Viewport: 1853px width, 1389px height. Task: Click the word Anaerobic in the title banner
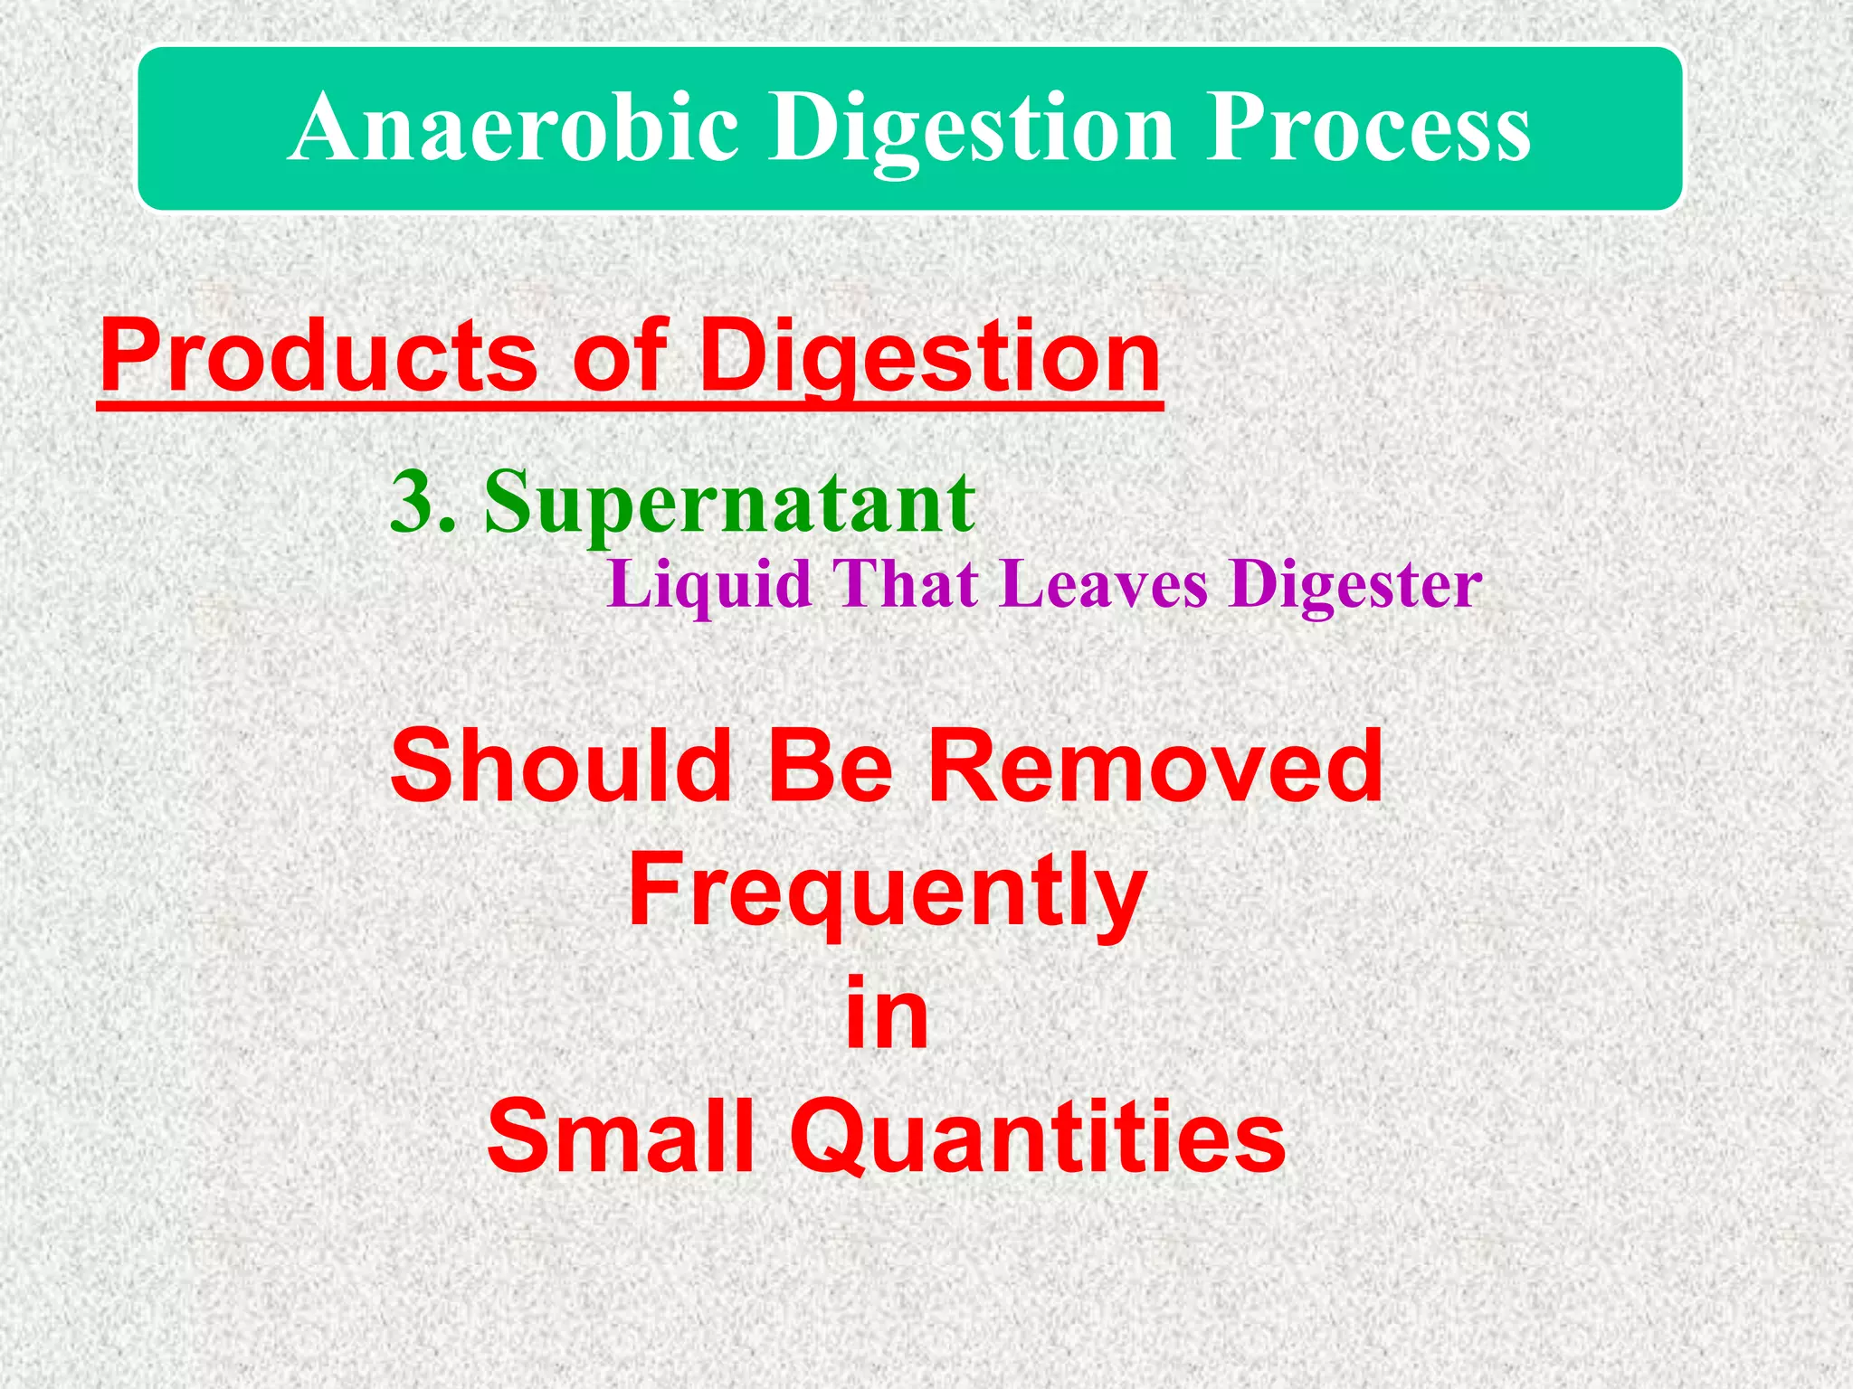pyautogui.click(x=516, y=129)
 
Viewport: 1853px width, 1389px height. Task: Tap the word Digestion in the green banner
pyautogui.click(x=972, y=129)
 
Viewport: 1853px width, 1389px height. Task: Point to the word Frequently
pyautogui.click(x=888, y=891)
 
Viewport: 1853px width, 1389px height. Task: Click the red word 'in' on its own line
pyautogui.click(x=887, y=1013)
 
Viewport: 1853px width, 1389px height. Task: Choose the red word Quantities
pyautogui.click(x=1037, y=1137)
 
